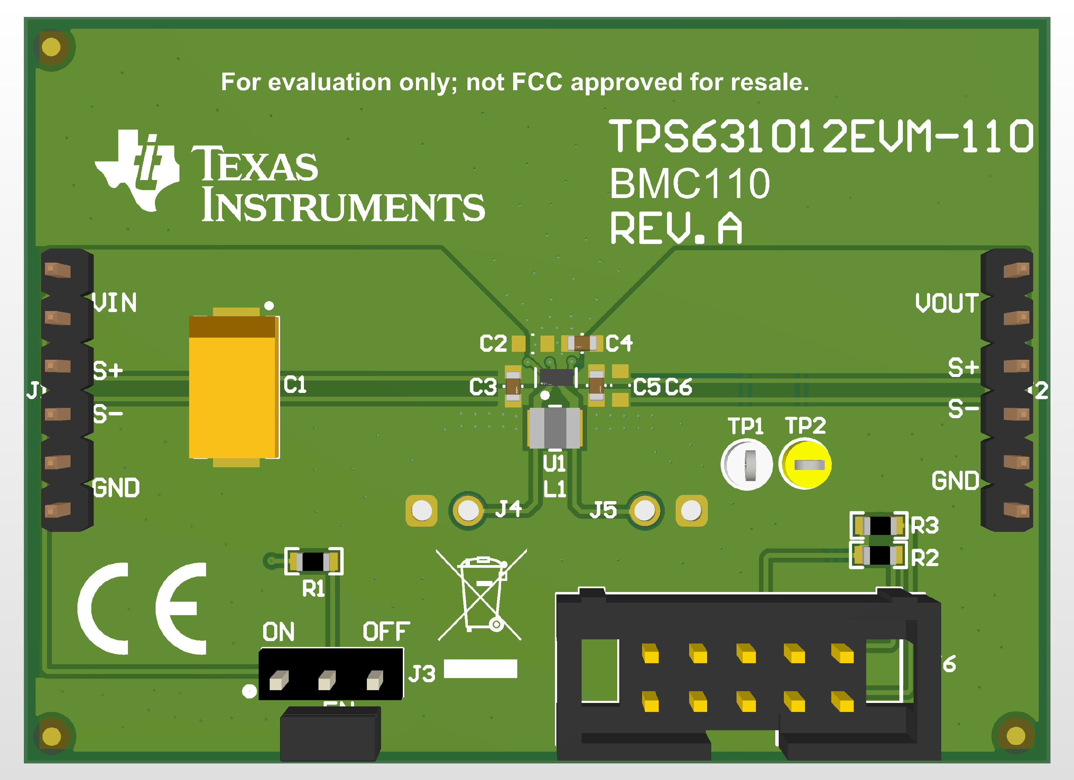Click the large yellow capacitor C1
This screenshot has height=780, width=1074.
233,387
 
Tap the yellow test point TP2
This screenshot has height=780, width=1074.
805,464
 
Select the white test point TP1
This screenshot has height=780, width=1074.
747,464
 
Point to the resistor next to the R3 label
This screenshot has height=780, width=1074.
879,525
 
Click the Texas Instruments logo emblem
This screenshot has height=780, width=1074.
137,170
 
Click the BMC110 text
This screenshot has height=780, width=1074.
689,184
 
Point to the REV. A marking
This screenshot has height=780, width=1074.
676,228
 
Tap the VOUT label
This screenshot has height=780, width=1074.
946,303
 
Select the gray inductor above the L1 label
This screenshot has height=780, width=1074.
555,428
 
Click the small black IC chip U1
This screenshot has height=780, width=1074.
556,377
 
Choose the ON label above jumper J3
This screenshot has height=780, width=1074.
278,632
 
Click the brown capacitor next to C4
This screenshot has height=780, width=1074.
582,343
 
